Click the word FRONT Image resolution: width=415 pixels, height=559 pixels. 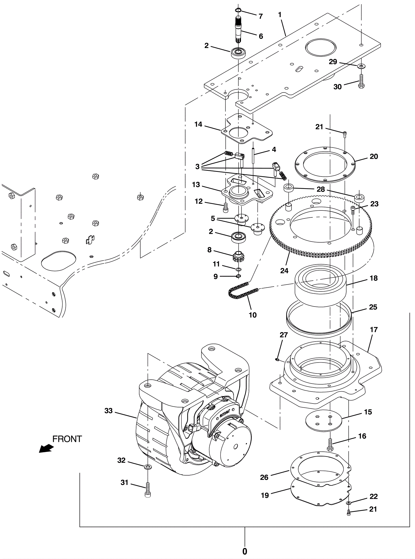pos(67,439)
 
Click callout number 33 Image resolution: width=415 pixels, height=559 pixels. pos(109,411)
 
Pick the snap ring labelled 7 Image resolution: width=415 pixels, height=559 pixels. pos(238,10)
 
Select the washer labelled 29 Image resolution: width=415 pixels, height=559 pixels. pos(361,66)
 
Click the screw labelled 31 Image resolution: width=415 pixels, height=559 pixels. pos(148,489)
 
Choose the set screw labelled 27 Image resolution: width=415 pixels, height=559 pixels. pos(277,359)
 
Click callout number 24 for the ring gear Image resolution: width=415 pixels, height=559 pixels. pos(284,271)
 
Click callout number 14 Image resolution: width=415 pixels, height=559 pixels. pos(198,124)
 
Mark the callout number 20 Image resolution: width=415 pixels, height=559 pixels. pos(374,156)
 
